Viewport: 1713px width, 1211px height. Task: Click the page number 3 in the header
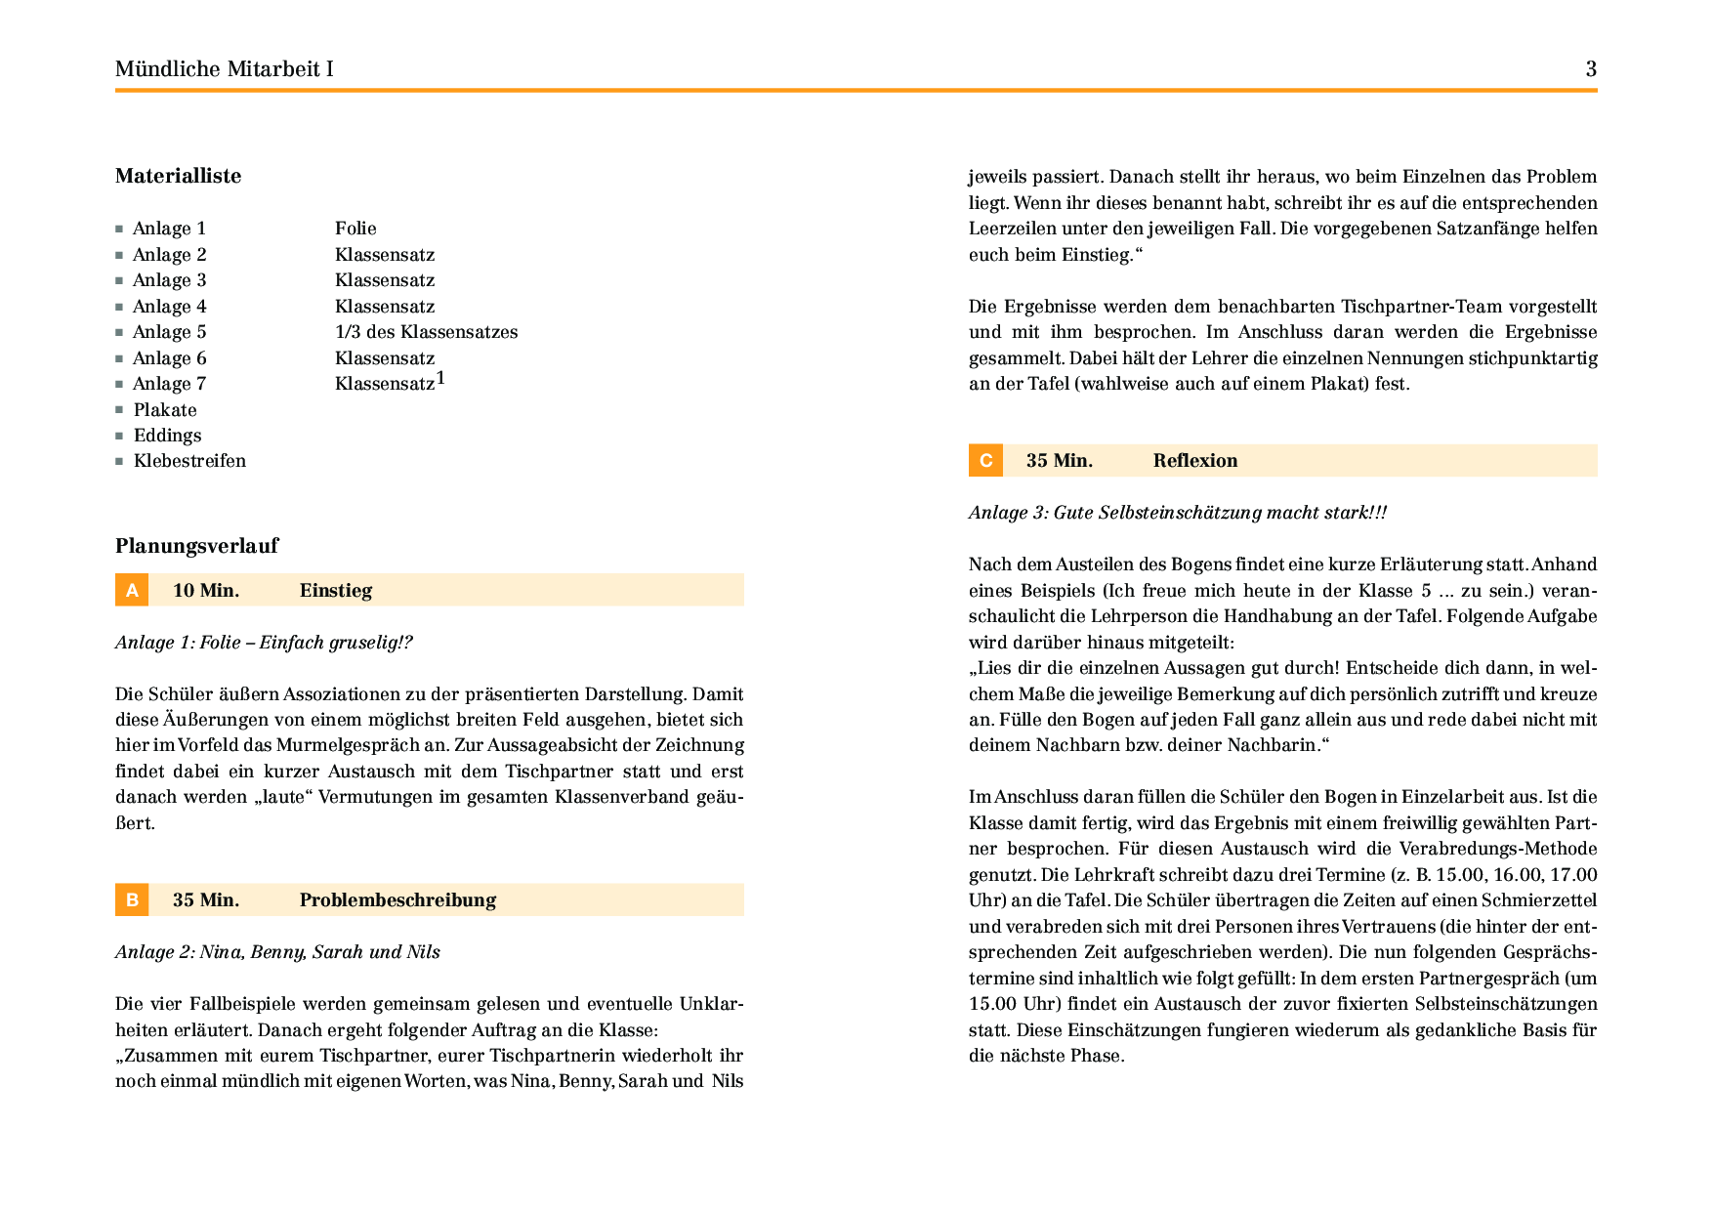point(1591,69)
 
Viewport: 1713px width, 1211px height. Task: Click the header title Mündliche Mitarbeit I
point(224,69)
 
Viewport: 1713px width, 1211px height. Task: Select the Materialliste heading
point(178,176)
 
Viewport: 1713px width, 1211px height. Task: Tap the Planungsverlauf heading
point(196,546)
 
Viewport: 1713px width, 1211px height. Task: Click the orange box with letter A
point(132,590)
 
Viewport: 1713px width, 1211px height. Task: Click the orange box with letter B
point(132,899)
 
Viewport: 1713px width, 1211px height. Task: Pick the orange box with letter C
point(985,461)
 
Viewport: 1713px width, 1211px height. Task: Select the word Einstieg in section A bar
point(335,590)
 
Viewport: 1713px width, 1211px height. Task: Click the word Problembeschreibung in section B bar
point(397,899)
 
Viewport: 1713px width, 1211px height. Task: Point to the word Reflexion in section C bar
point(1194,461)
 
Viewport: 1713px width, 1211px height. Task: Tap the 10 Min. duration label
point(206,590)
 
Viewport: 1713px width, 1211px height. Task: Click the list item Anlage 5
point(169,332)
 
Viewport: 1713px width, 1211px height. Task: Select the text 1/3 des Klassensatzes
point(426,332)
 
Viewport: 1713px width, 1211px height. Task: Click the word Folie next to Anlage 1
point(355,229)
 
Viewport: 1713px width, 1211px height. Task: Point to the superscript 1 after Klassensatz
point(440,378)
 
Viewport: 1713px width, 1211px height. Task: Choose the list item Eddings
point(167,436)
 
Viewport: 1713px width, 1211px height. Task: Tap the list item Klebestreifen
point(189,461)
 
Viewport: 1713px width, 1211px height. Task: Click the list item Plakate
point(165,410)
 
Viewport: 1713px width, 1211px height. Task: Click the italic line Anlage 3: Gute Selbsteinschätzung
point(1177,513)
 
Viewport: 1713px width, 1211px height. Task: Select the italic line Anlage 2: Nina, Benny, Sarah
point(277,952)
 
